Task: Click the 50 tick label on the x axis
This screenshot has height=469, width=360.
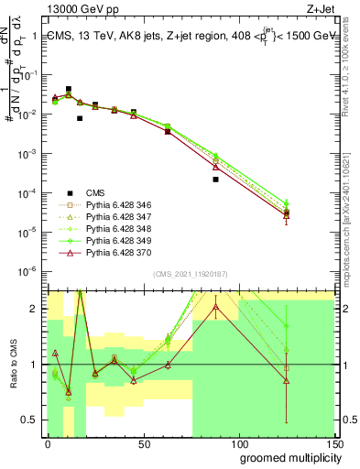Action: pyautogui.click(x=143, y=442)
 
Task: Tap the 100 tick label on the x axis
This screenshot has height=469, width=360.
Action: pyautogui.click(x=237, y=442)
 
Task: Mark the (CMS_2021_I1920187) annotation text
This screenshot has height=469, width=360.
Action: pyautogui.click(x=191, y=275)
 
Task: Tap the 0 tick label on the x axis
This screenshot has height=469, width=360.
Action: pyautogui.click(x=49, y=442)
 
